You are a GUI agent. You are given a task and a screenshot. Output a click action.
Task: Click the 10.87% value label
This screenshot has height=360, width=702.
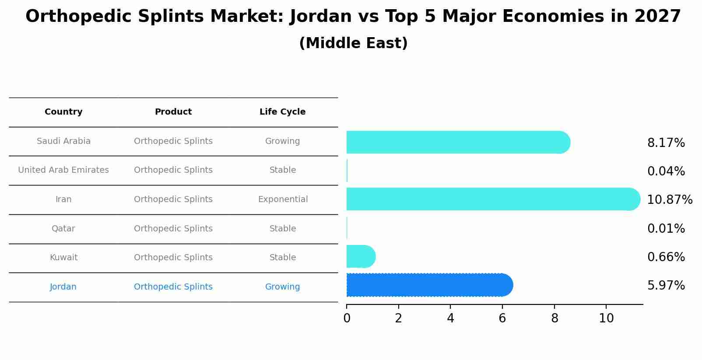point(669,200)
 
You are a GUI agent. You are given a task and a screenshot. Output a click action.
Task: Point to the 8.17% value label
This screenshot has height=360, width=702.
point(666,143)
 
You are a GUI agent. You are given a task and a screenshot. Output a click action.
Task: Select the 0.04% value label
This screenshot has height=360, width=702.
point(666,171)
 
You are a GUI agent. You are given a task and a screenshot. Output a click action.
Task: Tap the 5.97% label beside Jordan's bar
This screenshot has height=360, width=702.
point(666,286)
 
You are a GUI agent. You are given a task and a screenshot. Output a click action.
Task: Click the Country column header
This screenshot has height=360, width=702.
point(63,112)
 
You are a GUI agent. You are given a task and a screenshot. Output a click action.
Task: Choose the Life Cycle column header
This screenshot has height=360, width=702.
point(282,112)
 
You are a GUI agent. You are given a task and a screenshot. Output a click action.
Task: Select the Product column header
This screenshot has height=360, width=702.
point(173,112)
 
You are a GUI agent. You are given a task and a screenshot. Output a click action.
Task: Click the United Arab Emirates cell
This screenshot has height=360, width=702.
point(63,170)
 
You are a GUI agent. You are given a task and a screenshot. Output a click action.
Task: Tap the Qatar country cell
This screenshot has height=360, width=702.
point(63,229)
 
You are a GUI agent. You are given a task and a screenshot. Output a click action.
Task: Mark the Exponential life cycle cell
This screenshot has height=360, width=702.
point(283,199)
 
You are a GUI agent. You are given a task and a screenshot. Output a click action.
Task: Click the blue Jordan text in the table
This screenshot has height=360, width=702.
point(63,287)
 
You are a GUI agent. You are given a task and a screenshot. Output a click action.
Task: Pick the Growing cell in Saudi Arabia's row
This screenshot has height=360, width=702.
point(282,141)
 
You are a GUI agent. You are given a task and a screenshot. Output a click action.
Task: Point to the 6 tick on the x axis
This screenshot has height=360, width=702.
point(502,318)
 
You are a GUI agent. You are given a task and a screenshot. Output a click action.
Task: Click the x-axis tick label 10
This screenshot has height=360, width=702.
point(606,318)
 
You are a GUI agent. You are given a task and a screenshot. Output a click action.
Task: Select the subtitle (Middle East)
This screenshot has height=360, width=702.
point(353,43)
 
